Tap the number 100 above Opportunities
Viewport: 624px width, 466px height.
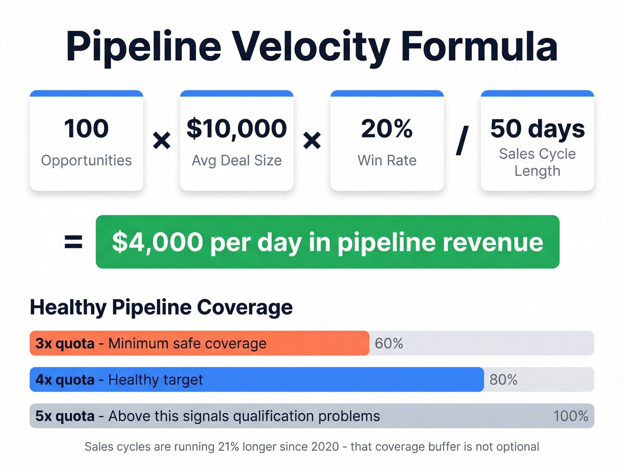(x=86, y=128)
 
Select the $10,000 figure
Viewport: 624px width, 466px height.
(x=237, y=128)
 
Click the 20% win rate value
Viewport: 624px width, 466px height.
(x=387, y=128)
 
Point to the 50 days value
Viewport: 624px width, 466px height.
(x=537, y=129)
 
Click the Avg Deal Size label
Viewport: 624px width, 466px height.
(x=237, y=161)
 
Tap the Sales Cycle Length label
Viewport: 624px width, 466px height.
(x=537, y=162)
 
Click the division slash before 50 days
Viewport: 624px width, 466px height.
(x=463, y=141)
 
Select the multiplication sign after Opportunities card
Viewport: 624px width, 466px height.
(x=161, y=141)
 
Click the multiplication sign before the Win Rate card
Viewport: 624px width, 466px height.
(x=312, y=141)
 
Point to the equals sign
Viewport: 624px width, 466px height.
(x=74, y=242)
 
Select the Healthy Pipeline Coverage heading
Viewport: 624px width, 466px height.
(x=161, y=307)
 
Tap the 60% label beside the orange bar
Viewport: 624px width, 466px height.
(x=389, y=343)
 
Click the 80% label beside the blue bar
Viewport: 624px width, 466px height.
(x=503, y=379)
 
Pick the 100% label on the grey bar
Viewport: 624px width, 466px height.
(x=571, y=416)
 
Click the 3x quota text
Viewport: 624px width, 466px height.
(x=65, y=343)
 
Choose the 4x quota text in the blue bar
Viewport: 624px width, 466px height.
(x=65, y=379)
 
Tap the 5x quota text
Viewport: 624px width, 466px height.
(x=65, y=416)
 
